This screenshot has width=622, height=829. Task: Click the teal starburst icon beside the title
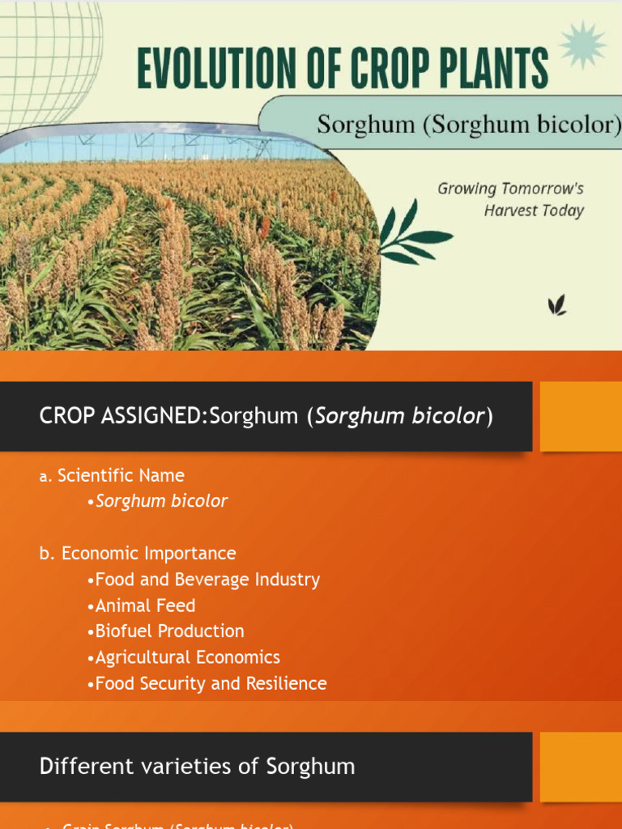pyautogui.click(x=583, y=45)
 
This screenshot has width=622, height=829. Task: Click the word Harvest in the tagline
pyautogui.click(x=512, y=210)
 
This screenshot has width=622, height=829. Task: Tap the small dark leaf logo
pyautogui.click(x=556, y=305)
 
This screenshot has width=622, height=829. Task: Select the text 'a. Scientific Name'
pyautogui.click(x=112, y=475)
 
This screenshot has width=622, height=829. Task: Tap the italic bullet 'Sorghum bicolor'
pyautogui.click(x=161, y=501)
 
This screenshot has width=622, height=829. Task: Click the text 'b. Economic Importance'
pyautogui.click(x=138, y=554)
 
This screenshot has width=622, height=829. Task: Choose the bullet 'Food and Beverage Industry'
pyautogui.click(x=207, y=580)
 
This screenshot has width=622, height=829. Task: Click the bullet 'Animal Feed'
pyautogui.click(x=145, y=606)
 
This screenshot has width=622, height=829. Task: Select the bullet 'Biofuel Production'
pyautogui.click(x=169, y=631)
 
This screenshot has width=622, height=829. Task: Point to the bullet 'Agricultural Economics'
pyautogui.click(x=187, y=657)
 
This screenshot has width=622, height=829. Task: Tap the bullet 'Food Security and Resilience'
pyautogui.click(x=211, y=683)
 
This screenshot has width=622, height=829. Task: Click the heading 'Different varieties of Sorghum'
pyautogui.click(x=197, y=767)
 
